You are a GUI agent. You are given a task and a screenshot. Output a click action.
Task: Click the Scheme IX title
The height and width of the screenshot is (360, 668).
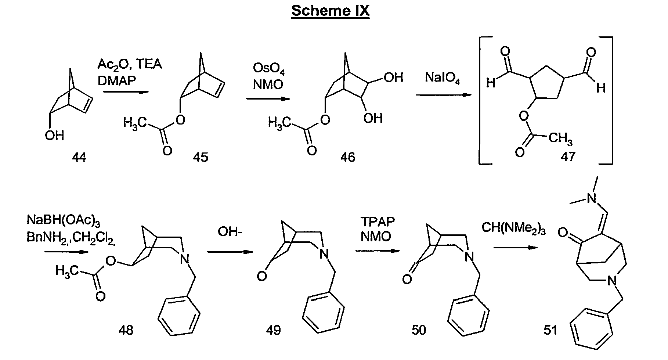coord(330,11)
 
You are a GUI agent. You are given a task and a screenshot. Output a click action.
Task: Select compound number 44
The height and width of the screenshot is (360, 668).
coord(79,158)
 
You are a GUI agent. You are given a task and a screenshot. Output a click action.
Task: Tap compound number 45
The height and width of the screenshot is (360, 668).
coord(201,158)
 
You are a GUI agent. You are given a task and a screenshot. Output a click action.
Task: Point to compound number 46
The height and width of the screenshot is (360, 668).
coord(347,158)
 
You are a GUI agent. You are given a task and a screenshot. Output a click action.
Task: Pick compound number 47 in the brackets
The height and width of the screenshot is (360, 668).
coord(568,156)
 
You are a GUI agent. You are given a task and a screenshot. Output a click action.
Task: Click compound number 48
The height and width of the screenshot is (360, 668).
coord(126,330)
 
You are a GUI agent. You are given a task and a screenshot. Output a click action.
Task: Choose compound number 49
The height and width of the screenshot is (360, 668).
coord(274,330)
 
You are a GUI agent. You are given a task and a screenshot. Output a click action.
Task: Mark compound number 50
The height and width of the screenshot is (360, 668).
coord(419,330)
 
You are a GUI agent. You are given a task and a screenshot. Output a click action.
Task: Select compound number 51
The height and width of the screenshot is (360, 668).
coord(550,330)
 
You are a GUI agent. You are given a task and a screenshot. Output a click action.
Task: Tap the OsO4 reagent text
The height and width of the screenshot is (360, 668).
coord(269,69)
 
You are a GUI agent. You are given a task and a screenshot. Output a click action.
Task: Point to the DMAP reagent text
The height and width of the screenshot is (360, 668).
coord(116,81)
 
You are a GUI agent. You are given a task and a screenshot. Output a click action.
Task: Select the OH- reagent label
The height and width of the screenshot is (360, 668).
coord(230,232)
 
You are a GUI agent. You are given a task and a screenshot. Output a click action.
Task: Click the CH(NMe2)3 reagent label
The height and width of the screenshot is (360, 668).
coord(513,229)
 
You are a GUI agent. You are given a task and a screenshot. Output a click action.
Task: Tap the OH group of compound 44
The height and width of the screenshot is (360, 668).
coord(54,136)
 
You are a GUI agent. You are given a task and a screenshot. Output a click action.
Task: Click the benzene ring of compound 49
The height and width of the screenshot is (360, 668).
coord(324,314)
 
